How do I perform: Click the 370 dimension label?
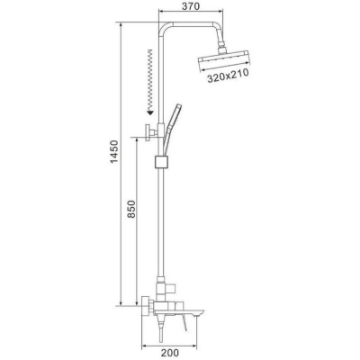coord(191,6)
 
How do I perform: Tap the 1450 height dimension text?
coord(114,151)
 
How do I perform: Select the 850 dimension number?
coord(131,209)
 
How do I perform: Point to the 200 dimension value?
coord(169,353)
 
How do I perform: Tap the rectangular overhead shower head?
coord(224,61)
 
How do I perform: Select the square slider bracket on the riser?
coord(162,162)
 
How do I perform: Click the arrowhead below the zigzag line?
coord(150,112)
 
